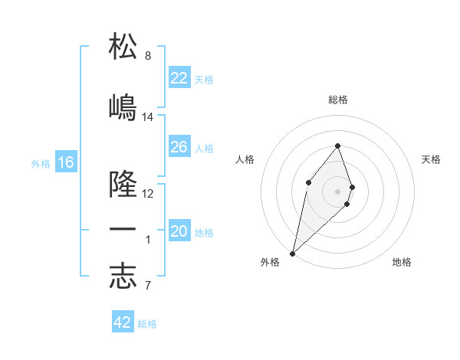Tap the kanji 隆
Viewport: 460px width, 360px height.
tap(123, 184)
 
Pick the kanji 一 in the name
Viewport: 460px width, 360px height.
tap(123, 231)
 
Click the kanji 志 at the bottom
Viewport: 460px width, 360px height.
tap(123, 277)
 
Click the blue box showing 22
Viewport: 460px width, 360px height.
tap(179, 77)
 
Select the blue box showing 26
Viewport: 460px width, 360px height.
tap(179, 147)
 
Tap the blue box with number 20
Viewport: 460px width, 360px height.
tap(179, 231)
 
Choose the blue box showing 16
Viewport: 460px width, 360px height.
tap(66, 162)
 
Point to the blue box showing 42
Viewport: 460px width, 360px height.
tap(123, 322)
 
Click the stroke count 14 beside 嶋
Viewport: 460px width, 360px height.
tap(148, 117)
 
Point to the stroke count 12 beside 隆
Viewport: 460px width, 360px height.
tap(148, 194)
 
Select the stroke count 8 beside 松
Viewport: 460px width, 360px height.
tap(148, 56)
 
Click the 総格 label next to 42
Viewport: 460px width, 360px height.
tap(147, 324)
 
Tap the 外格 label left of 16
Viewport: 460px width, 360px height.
tap(41, 163)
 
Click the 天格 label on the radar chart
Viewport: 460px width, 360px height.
tap(432, 159)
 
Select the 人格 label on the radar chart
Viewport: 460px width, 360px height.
tap(245, 159)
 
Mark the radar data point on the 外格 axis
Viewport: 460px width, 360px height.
tap(292, 253)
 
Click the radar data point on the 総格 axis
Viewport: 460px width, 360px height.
tap(338, 146)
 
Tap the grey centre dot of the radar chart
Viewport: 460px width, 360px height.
tap(338, 191)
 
